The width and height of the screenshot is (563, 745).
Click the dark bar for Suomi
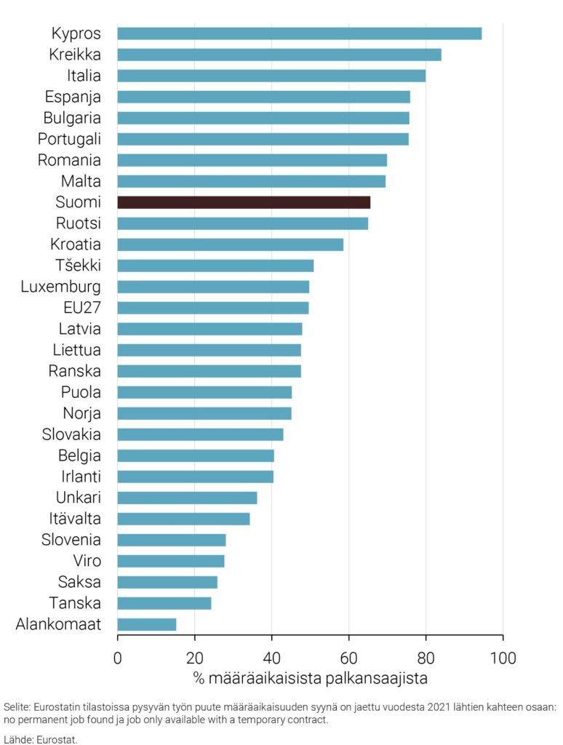pos(244,202)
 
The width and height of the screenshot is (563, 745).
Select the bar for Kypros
pos(299,33)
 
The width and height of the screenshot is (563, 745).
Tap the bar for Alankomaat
pos(146,624)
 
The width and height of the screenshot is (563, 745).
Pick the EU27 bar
pos(212,308)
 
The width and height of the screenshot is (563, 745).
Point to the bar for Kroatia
pos(230,244)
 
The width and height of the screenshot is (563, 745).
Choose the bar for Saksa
pos(167,582)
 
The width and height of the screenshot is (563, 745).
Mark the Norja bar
pos(204,413)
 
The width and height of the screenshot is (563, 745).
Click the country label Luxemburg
pos(61,286)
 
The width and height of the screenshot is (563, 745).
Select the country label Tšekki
pos(78,265)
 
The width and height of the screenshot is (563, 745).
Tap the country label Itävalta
pos(75,519)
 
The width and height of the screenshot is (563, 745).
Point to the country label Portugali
pos(69,138)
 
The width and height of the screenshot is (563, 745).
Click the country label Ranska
pos(75,371)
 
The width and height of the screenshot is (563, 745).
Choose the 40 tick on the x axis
pos(271,659)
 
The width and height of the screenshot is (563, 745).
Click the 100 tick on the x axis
pos(503,659)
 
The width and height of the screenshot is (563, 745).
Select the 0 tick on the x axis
pos(117,659)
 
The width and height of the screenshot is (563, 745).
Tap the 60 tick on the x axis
pos(348,659)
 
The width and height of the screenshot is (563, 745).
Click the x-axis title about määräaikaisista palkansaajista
pos(310,679)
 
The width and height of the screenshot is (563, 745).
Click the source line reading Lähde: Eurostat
pos(40,738)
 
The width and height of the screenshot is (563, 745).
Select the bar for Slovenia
pos(171,540)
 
